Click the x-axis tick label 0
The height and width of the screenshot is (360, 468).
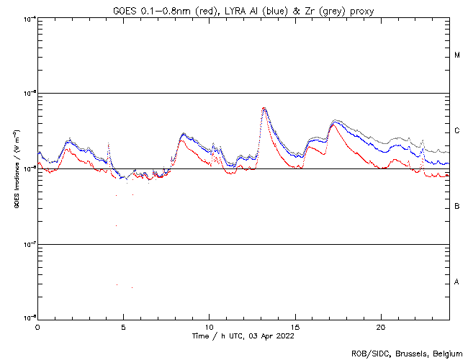(x=37, y=325)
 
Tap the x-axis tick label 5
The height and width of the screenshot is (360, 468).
(x=123, y=325)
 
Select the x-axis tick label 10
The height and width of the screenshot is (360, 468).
(x=209, y=325)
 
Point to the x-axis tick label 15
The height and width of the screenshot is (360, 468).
(x=295, y=325)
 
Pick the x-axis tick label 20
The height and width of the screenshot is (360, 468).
(x=381, y=325)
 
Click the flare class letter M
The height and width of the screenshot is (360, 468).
(x=457, y=55)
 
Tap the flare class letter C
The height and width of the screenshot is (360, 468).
(x=457, y=131)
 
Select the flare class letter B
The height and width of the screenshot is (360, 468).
(x=457, y=207)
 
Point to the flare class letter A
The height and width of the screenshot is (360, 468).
(x=457, y=282)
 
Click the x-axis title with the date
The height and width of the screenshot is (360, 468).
(x=243, y=336)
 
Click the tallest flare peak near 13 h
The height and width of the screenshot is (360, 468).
(x=264, y=109)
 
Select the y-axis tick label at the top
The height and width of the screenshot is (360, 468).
(x=28, y=18)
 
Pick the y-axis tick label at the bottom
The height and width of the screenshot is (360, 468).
(x=28, y=318)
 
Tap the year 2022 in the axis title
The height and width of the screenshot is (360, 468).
(x=284, y=336)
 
